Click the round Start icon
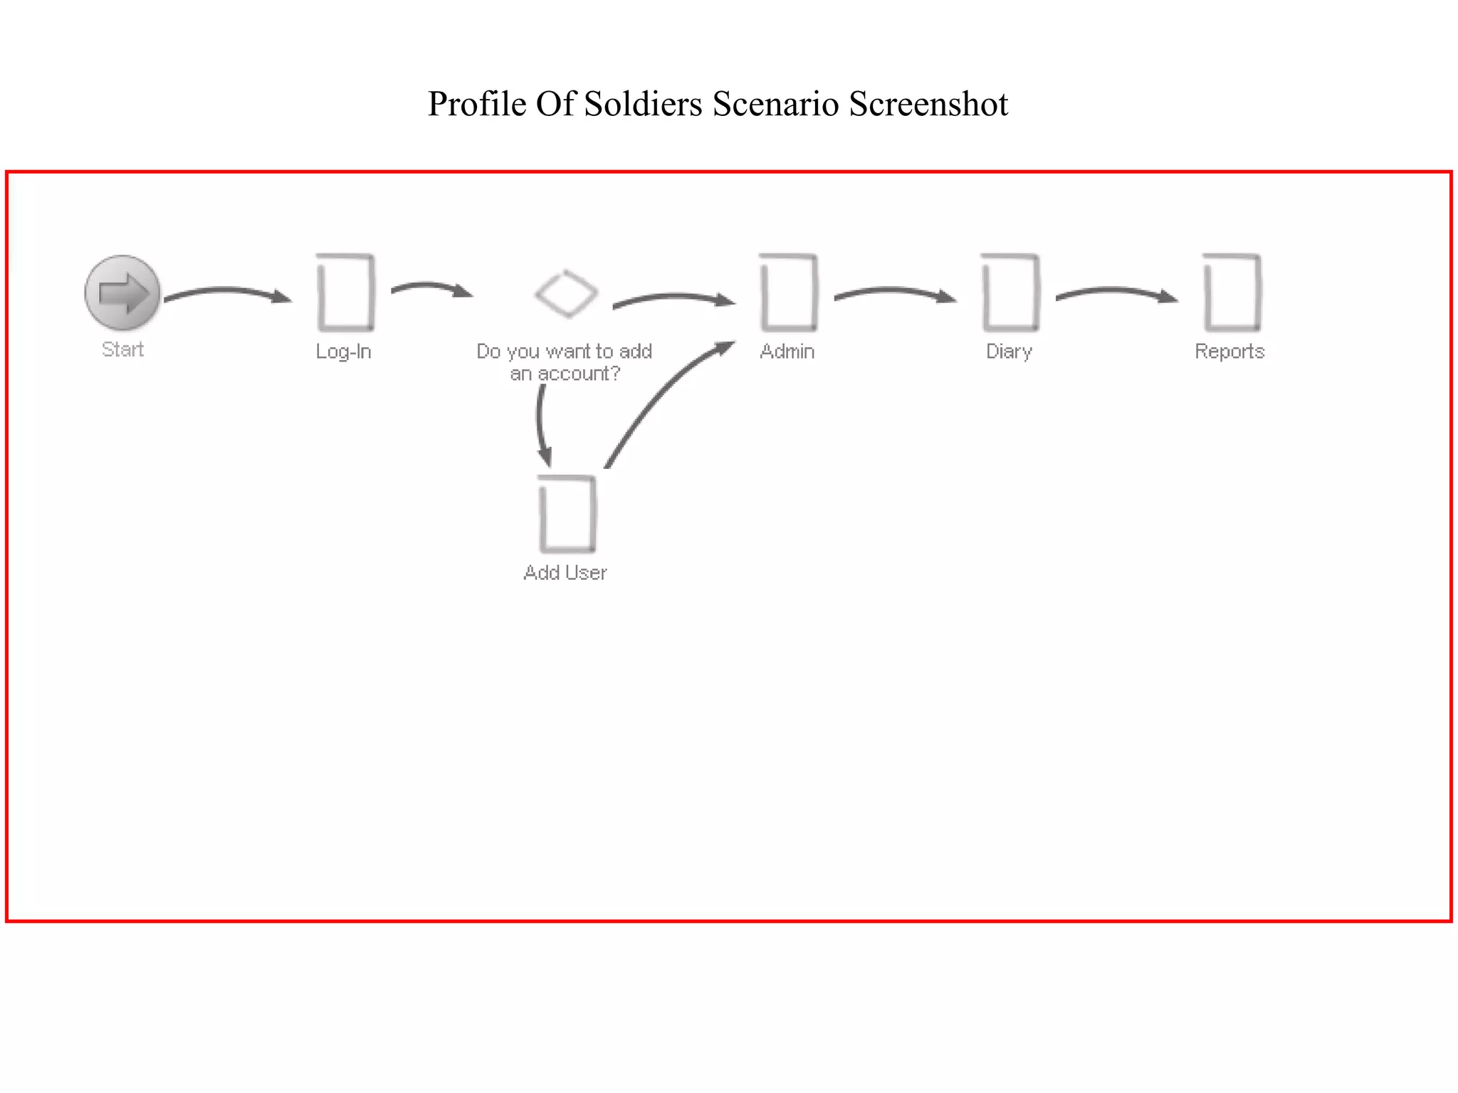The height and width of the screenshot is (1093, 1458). (x=122, y=292)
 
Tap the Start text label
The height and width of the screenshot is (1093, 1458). (x=122, y=349)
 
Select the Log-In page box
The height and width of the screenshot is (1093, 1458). (x=345, y=292)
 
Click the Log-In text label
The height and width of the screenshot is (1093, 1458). (x=344, y=352)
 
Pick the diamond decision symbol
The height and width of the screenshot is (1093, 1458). (x=566, y=292)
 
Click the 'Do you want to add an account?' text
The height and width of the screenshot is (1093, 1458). (x=565, y=362)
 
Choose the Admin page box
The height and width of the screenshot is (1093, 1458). (x=789, y=292)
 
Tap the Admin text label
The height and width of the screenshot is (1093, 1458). (x=787, y=352)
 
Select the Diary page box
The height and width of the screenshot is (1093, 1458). (x=1010, y=292)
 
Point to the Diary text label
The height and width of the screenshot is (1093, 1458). (x=1009, y=352)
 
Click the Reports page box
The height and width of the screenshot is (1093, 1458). (x=1232, y=292)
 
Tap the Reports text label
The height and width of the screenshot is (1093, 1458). (x=1229, y=352)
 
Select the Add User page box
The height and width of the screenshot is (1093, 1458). (x=567, y=514)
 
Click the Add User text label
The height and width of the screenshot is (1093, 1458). (x=565, y=573)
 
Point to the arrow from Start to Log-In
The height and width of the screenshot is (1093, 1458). (x=226, y=291)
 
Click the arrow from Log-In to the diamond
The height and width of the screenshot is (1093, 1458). (x=430, y=286)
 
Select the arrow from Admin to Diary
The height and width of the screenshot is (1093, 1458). (x=893, y=291)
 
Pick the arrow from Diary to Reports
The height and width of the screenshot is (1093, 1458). (x=1115, y=291)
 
